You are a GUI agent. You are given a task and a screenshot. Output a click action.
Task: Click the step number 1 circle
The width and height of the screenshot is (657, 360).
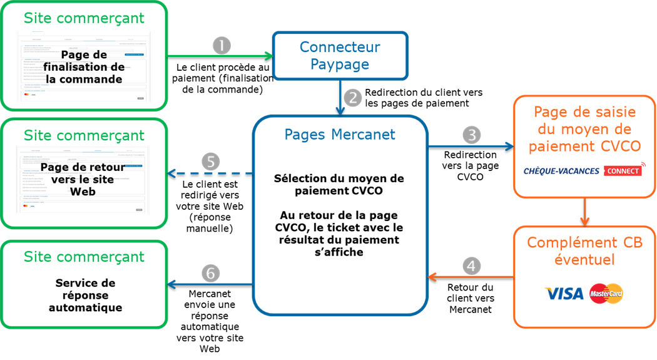tap(222, 46)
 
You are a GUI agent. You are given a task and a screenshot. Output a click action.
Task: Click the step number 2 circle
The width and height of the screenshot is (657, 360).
tap(354, 97)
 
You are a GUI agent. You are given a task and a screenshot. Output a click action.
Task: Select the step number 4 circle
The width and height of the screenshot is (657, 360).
tap(472, 265)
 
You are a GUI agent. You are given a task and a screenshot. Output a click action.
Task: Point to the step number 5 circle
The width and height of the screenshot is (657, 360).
tap(211, 162)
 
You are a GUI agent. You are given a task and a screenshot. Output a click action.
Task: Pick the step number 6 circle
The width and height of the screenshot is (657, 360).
tap(211, 273)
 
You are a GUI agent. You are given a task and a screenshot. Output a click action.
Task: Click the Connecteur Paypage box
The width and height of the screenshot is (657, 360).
tap(340, 56)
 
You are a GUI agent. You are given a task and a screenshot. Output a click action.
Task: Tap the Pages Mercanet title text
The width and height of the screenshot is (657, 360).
tap(340, 134)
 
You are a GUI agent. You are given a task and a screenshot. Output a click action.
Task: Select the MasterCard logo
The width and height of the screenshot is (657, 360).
tap(606, 293)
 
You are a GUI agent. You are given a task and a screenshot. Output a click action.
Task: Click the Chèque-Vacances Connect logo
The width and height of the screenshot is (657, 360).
tap(584, 170)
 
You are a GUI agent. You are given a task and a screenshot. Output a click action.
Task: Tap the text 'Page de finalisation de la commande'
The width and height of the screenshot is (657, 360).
tap(84, 68)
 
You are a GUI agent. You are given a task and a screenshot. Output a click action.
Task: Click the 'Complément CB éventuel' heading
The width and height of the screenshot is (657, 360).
tap(584, 250)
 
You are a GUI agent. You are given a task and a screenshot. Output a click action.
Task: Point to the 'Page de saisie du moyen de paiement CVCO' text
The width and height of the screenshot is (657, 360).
tap(584, 129)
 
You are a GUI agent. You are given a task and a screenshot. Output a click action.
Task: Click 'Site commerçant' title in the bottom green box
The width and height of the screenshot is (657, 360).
tap(84, 257)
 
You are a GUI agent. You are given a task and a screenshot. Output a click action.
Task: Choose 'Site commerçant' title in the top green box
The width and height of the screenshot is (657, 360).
tap(84, 18)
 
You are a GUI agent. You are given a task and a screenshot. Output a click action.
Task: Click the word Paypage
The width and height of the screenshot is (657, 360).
tap(340, 64)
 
